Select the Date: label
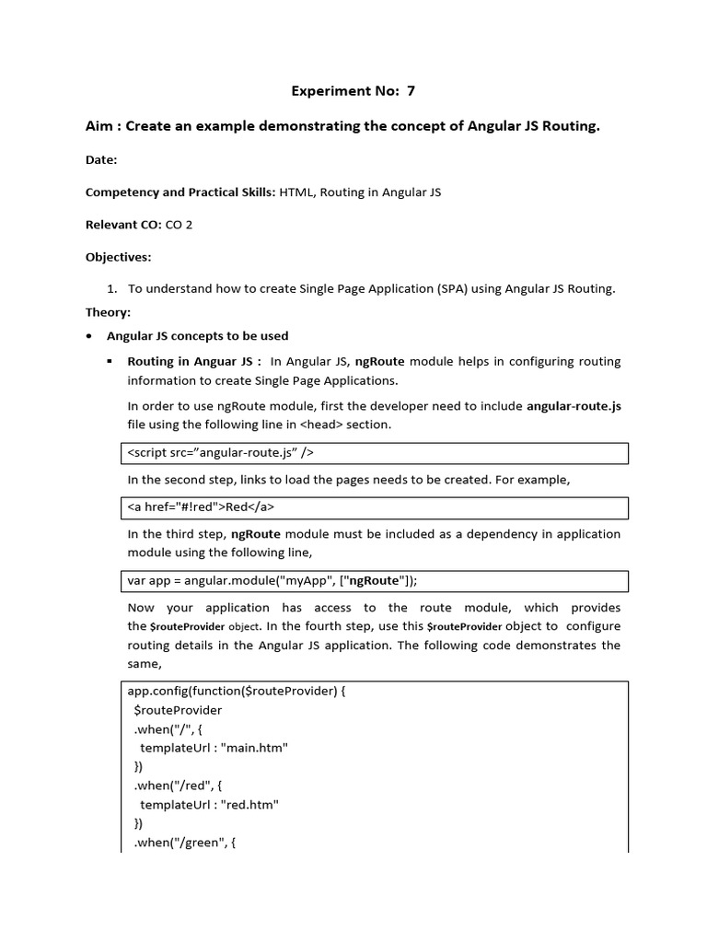(x=101, y=159)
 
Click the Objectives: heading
(x=118, y=256)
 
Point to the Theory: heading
(x=108, y=312)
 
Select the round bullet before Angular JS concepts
(x=88, y=336)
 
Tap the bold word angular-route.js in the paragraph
(x=574, y=405)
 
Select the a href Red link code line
(x=201, y=507)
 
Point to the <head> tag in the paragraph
(x=317, y=425)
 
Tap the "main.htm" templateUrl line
(x=214, y=748)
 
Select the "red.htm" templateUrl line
(x=209, y=804)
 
